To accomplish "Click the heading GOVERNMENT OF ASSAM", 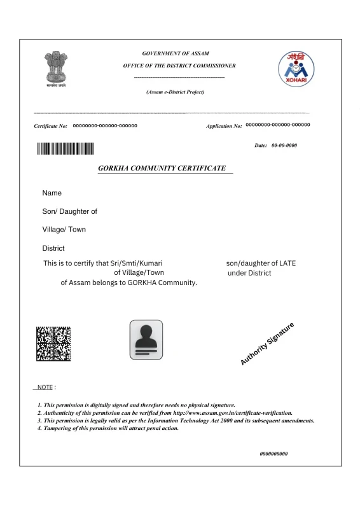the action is point(176,53).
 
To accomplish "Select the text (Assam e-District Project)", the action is point(176,92).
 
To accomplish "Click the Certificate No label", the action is point(51,126).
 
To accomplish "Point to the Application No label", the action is point(224,126).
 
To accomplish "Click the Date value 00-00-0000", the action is point(284,146).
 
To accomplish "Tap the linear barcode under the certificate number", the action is point(65,150).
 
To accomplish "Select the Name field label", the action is point(52,193).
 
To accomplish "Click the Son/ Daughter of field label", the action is point(70,211).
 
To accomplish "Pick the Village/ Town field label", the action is point(64,229).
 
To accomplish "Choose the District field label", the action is point(53,248).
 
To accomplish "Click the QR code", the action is point(53,343).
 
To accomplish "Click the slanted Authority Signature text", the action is point(268,344).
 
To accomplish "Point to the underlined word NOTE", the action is point(45,387).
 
